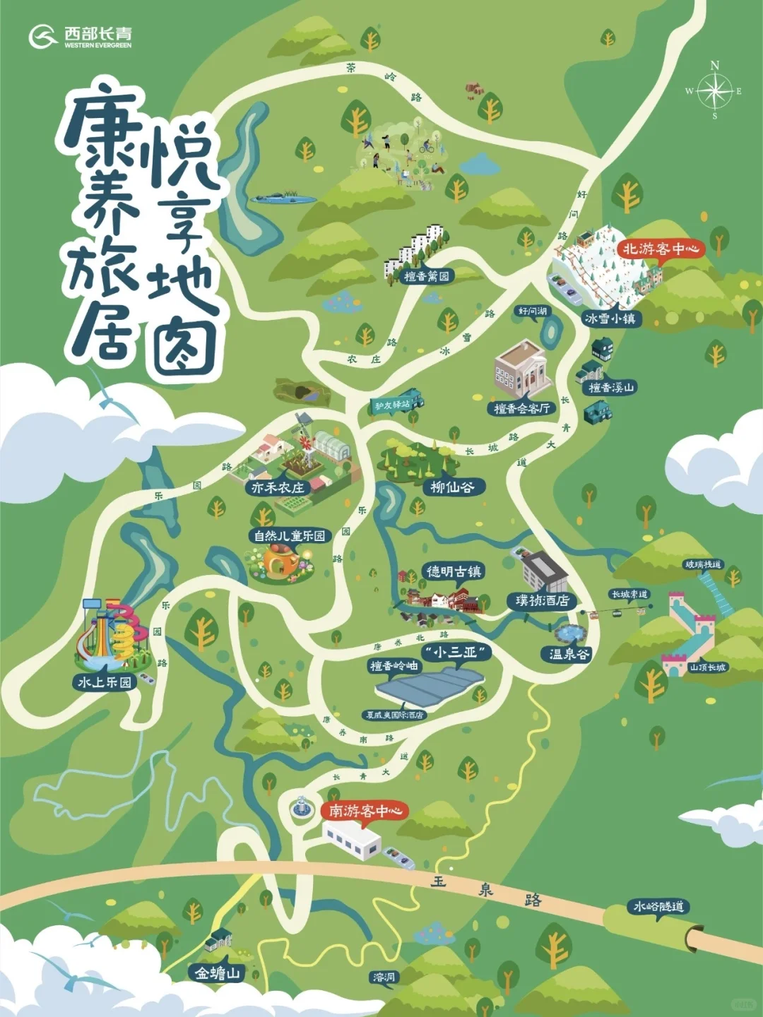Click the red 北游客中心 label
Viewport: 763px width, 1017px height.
tap(661, 249)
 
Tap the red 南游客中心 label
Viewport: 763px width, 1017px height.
tap(365, 811)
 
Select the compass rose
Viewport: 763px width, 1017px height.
tap(715, 90)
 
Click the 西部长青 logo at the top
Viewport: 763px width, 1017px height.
tap(81, 36)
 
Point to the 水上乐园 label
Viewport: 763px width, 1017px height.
tap(105, 682)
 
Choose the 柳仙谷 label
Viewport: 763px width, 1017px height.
tap(452, 487)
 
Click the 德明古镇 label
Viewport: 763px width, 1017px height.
tap(454, 571)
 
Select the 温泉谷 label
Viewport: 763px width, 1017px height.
tap(569, 654)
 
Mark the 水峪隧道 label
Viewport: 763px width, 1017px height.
tap(658, 906)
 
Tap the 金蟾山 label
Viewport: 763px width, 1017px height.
tap(218, 973)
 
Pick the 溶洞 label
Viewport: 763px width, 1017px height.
tap(384, 977)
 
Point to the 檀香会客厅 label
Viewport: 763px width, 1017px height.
tap(521, 408)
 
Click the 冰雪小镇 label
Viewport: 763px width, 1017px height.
tap(610, 319)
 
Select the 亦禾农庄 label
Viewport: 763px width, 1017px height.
tap(278, 487)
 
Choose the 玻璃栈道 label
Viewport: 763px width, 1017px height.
tap(704, 564)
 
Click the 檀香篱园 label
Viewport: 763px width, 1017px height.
tap(427, 276)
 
